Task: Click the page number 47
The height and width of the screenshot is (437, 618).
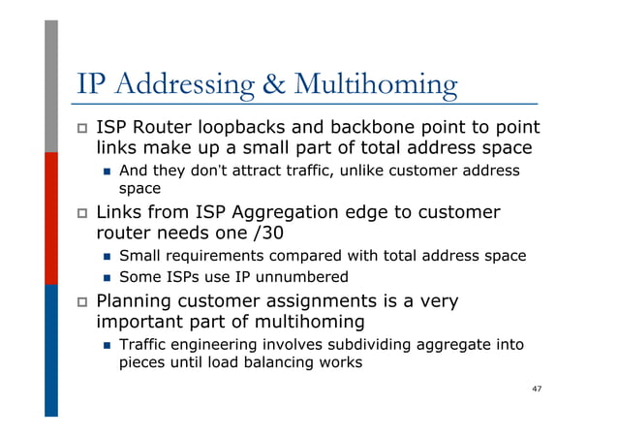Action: click(x=536, y=389)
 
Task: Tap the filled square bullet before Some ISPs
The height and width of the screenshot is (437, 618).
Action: click(x=107, y=278)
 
